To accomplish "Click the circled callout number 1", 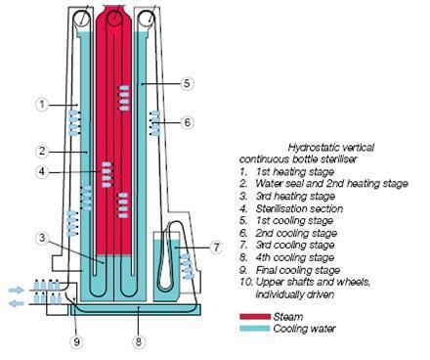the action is (42, 105).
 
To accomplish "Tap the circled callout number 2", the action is (42, 152).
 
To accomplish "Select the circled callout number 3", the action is (42, 238).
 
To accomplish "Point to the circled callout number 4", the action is (42, 171).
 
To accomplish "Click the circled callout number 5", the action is (187, 83).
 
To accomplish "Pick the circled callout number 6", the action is (188, 122).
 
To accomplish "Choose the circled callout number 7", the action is (217, 247).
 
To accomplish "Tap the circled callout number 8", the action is (139, 341).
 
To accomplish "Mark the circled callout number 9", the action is (77, 341).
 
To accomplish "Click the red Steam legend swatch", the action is (255, 317).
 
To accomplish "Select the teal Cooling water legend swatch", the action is (255, 329).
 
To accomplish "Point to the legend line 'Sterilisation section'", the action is (299, 208).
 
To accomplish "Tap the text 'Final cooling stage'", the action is (298, 270).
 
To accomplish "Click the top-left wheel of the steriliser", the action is (81, 19).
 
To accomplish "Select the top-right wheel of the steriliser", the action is (147, 19).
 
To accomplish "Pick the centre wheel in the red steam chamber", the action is (114, 18).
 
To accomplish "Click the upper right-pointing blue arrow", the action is (17, 290).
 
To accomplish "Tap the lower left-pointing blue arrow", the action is (17, 304).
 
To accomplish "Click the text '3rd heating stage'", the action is (295, 196).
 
